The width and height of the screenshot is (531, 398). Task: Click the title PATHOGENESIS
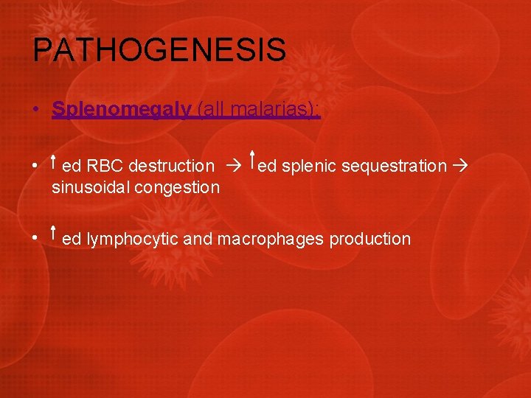159,51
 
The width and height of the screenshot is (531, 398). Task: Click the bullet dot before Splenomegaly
35,110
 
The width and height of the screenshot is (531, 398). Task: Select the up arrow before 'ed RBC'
55,162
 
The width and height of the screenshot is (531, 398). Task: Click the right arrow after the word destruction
232,167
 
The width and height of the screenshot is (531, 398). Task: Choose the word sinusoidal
90,187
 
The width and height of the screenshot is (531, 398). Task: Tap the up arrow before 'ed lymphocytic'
55,234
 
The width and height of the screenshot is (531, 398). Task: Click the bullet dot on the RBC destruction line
35,167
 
